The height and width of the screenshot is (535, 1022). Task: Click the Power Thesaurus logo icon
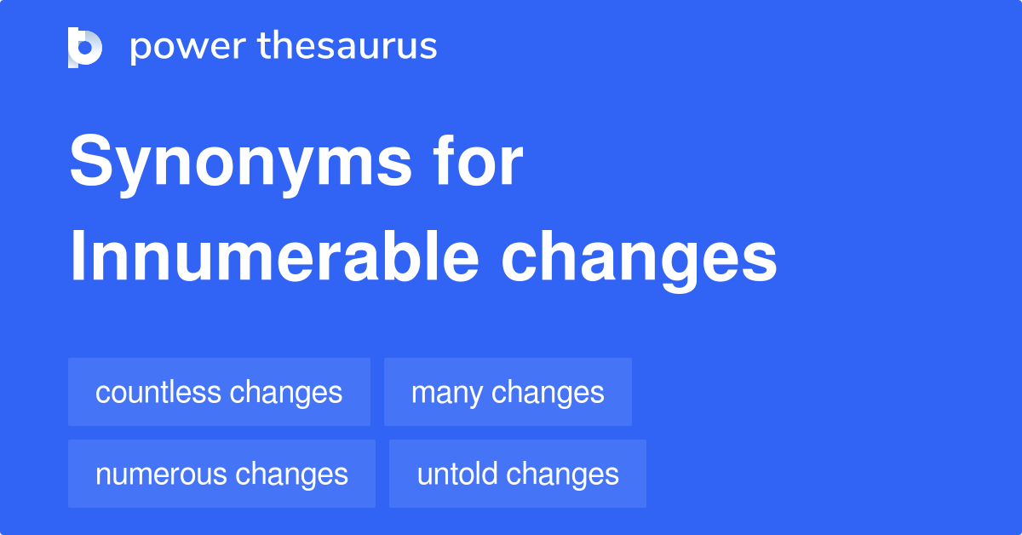(85, 47)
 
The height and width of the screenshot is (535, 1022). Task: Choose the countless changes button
(219, 392)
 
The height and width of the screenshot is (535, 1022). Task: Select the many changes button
(508, 392)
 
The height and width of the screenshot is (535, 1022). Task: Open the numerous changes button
(221, 474)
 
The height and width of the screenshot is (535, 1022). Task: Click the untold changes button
(518, 474)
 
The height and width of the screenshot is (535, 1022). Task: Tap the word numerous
(161, 474)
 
